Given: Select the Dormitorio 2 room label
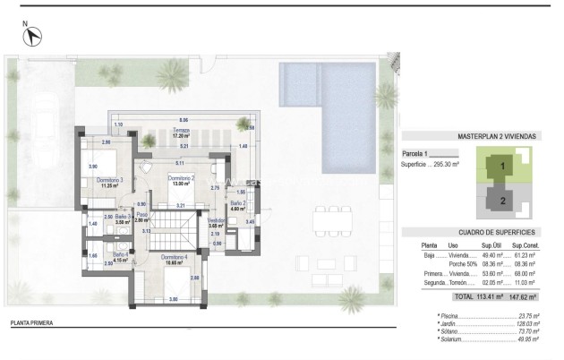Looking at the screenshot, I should click(x=181, y=178).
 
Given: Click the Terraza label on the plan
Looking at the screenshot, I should click(x=183, y=129).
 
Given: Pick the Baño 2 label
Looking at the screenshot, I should click(x=237, y=203).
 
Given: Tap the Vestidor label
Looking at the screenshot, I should click(x=215, y=220).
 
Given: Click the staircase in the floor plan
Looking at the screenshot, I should click(x=170, y=231).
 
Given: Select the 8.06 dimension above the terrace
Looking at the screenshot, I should click(x=183, y=119).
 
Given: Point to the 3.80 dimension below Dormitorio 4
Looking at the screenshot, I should click(x=174, y=298).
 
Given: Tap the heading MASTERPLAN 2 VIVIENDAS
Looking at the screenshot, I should click(x=497, y=137).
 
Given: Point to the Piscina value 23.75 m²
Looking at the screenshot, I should click(x=525, y=315).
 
